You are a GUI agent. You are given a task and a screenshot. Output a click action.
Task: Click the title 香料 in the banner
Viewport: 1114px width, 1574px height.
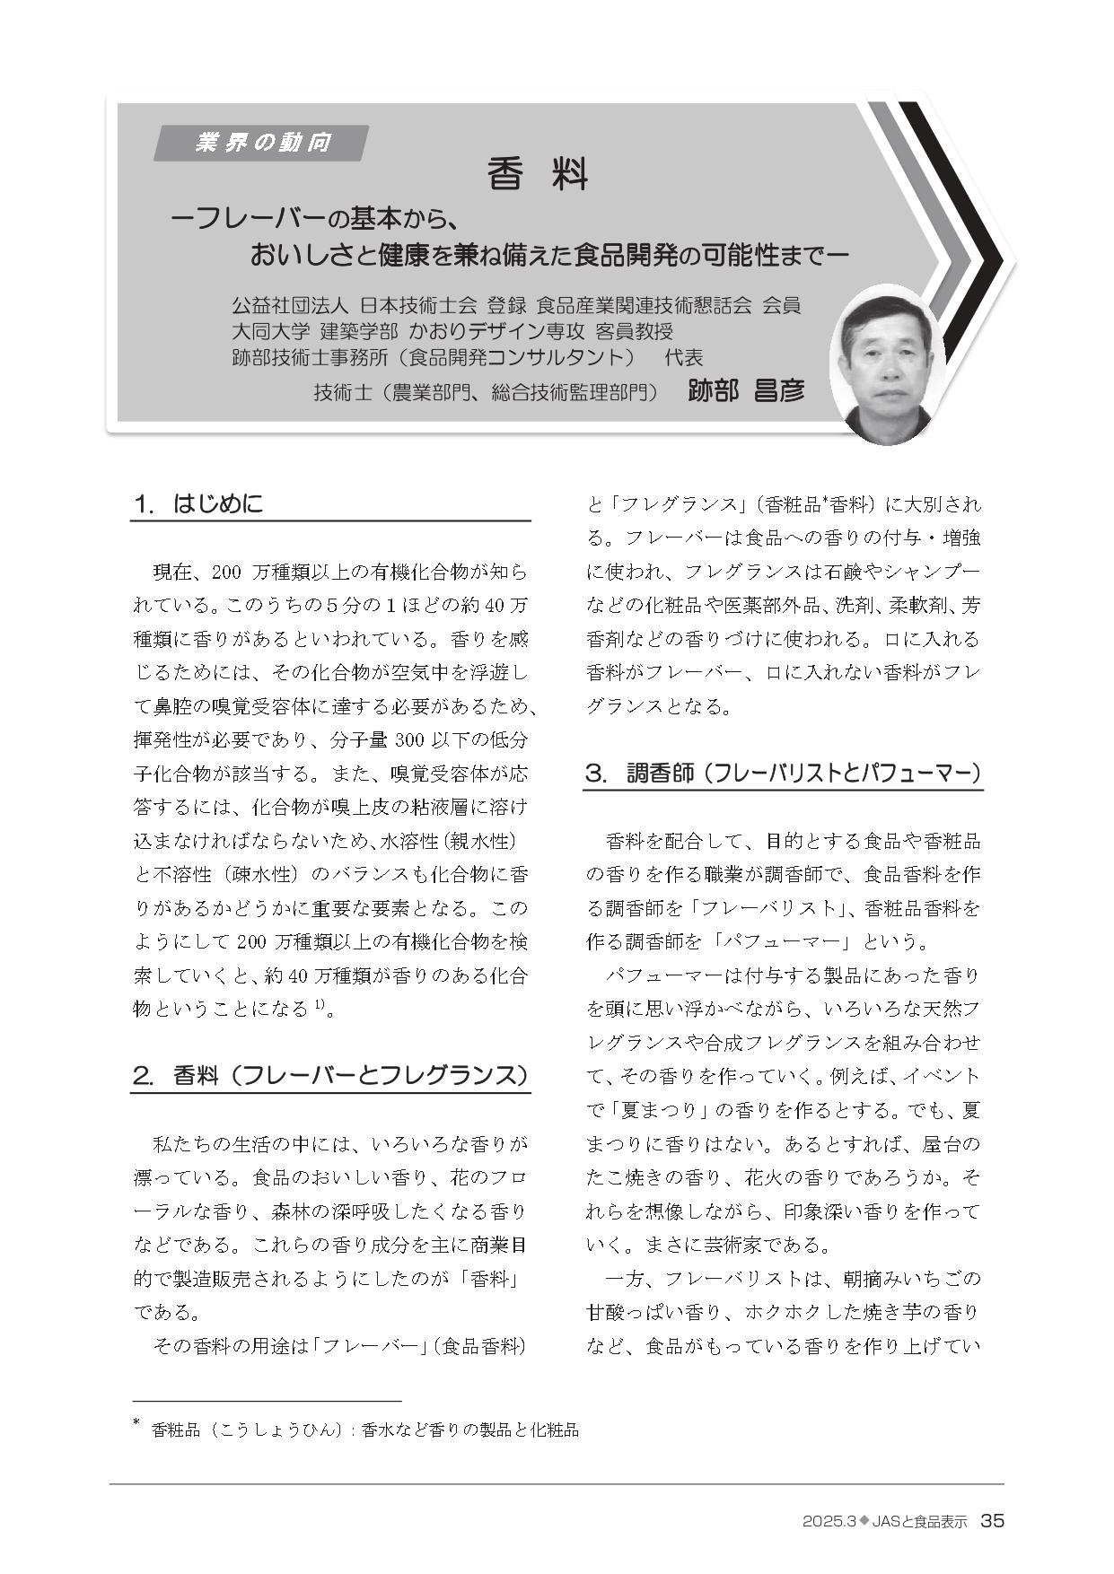pyautogui.click(x=537, y=174)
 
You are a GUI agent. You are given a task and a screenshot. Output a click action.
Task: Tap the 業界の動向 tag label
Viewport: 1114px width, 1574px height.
pyautogui.click(x=262, y=143)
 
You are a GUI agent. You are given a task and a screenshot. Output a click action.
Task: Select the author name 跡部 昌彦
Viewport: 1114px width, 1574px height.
pyautogui.click(x=746, y=391)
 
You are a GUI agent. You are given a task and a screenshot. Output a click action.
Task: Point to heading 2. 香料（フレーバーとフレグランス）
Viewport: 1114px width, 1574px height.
pyautogui.click(x=329, y=1075)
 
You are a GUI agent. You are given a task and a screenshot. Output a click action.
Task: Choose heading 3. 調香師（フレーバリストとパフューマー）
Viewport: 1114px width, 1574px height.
pyautogui.click(x=784, y=773)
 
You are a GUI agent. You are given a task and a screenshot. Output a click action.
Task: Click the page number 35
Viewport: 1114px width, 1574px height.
pyautogui.click(x=992, y=1521)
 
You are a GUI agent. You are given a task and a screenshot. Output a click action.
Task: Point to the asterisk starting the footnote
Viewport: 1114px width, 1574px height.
pyautogui.click(x=136, y=1422)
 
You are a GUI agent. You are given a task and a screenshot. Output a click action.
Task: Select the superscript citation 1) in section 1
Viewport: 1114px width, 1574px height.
pyautogui.click(x=320, y=1005)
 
